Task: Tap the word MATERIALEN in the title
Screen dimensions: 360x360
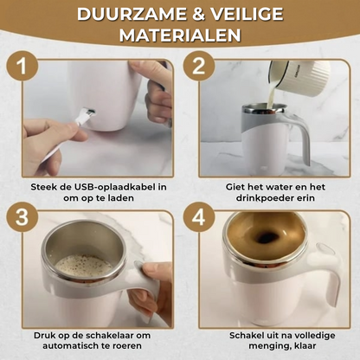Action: click(x=179, y=39)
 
